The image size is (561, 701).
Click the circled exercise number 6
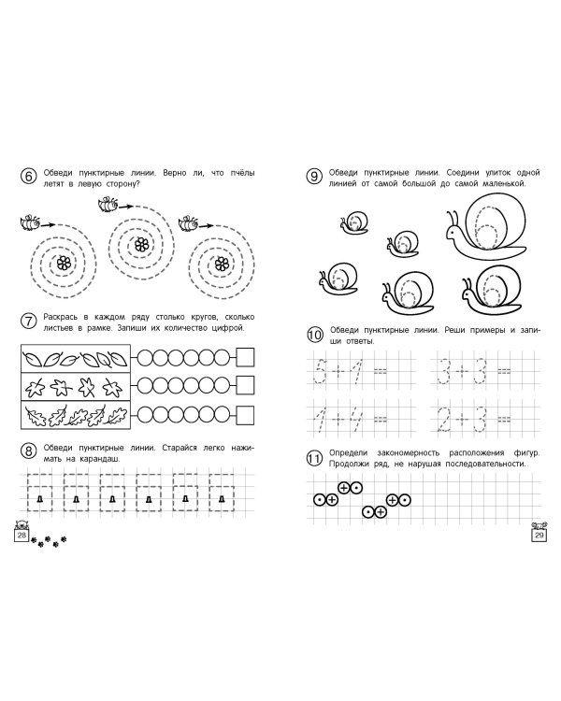(28, 176)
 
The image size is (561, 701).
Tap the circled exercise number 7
(28, 321)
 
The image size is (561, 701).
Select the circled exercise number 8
(28, 451)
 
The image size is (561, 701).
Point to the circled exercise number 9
(314, 176)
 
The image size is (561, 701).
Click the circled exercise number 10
(315, 335)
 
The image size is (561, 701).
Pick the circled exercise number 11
(314, 458)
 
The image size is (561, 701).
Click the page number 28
(22, 536)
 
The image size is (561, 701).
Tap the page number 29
(539, 536)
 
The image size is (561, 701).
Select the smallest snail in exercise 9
(354, 222)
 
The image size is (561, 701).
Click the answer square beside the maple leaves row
(245, 385)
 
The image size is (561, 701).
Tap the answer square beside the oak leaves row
(245, 415)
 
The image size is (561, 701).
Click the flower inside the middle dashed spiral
(141, 244)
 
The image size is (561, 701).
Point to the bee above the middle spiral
(108, 205)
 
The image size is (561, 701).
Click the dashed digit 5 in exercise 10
(320, 371)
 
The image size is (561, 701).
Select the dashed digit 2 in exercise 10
(443, 421)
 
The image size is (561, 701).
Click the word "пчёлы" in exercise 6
(242, 173)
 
